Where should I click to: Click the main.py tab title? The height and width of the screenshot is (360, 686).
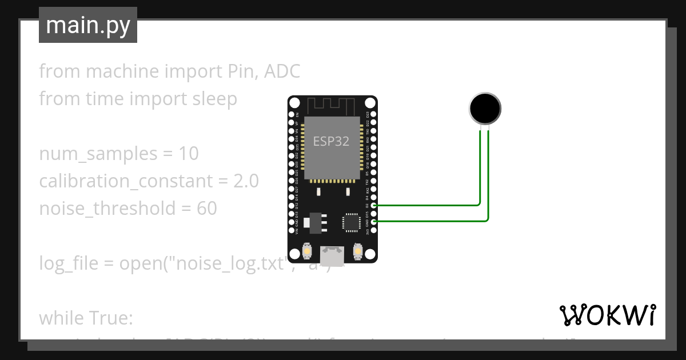pos(88,26)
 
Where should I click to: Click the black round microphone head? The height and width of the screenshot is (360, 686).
pos(485,108)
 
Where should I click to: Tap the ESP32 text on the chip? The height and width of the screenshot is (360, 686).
pos(331,141)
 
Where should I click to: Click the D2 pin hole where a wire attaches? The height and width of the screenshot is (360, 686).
pos(374,205)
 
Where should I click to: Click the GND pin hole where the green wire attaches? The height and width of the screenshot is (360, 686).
pos(374,222)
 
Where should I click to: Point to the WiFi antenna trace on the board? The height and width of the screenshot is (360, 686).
pos(332,106)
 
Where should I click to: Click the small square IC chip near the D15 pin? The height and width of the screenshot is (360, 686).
pos(350,222)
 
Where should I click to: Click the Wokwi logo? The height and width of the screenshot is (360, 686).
pos(607,315)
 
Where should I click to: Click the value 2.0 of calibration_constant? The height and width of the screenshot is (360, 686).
pos(246,181)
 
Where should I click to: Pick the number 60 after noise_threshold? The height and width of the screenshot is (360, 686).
pos(206,209)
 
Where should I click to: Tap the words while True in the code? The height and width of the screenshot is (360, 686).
pos(86,317)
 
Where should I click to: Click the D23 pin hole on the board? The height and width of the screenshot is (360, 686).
pos(374,114)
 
